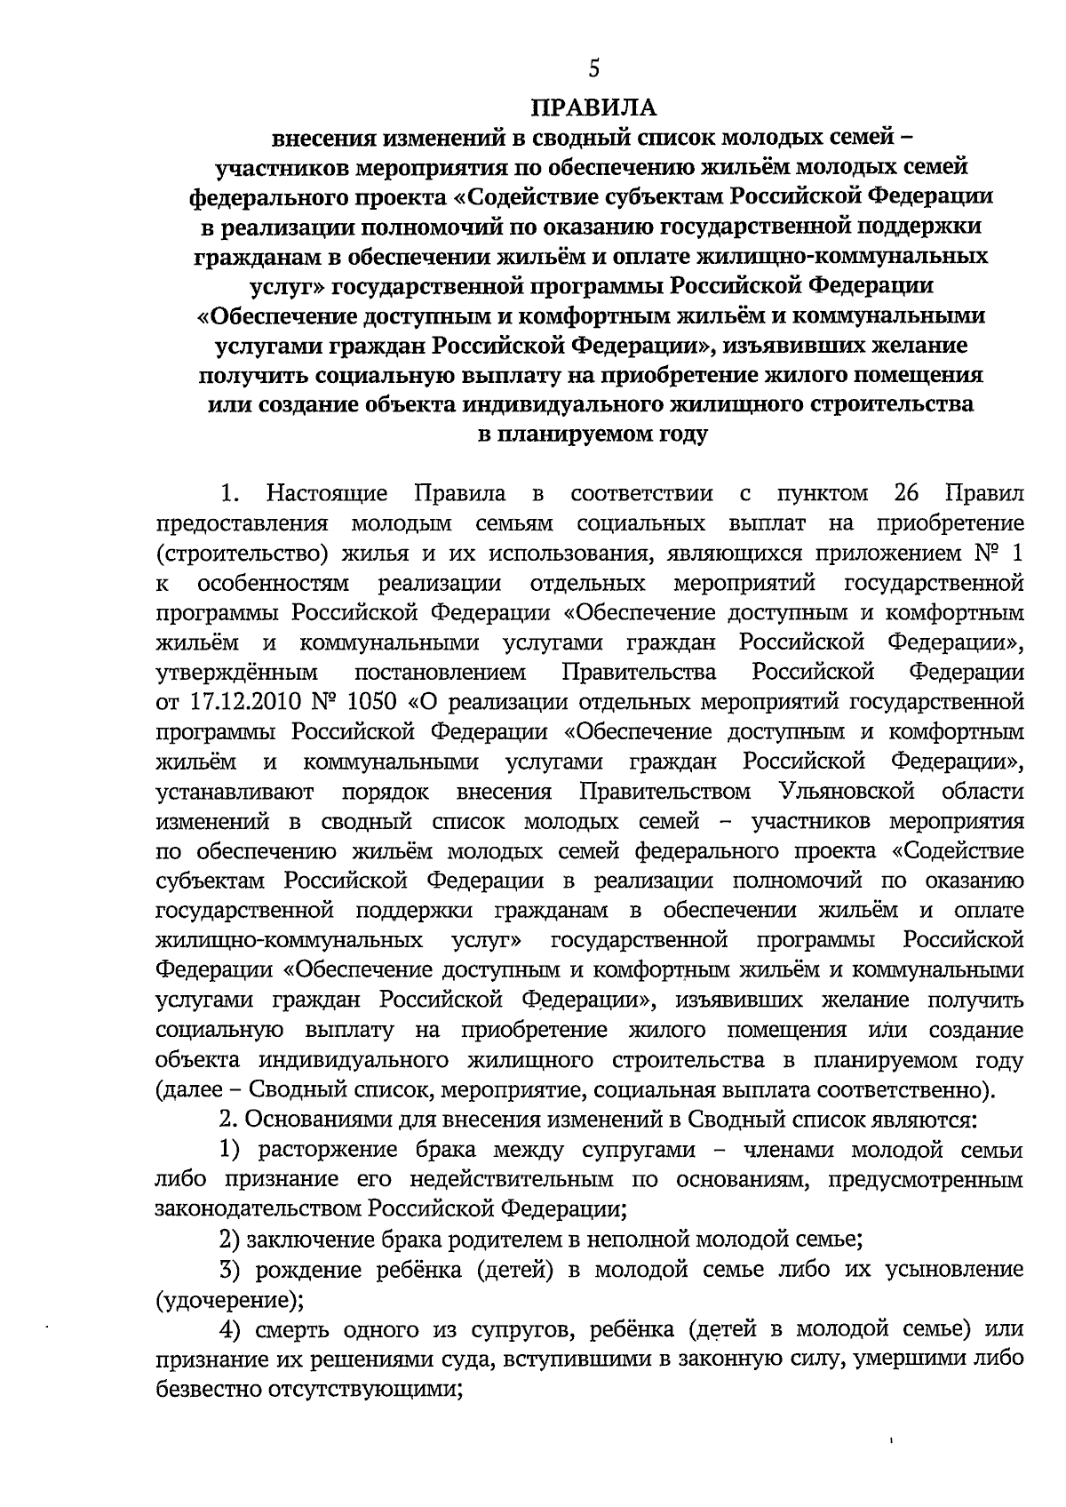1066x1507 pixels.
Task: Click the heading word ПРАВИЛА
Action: pyautogui.click(x=593, y=108)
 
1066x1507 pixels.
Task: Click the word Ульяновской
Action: pyautogui.click(x=846, y=791)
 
